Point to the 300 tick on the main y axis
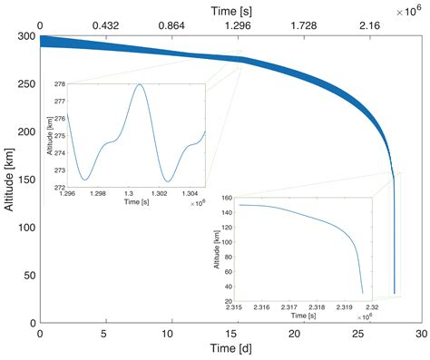(x=24, y=36)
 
